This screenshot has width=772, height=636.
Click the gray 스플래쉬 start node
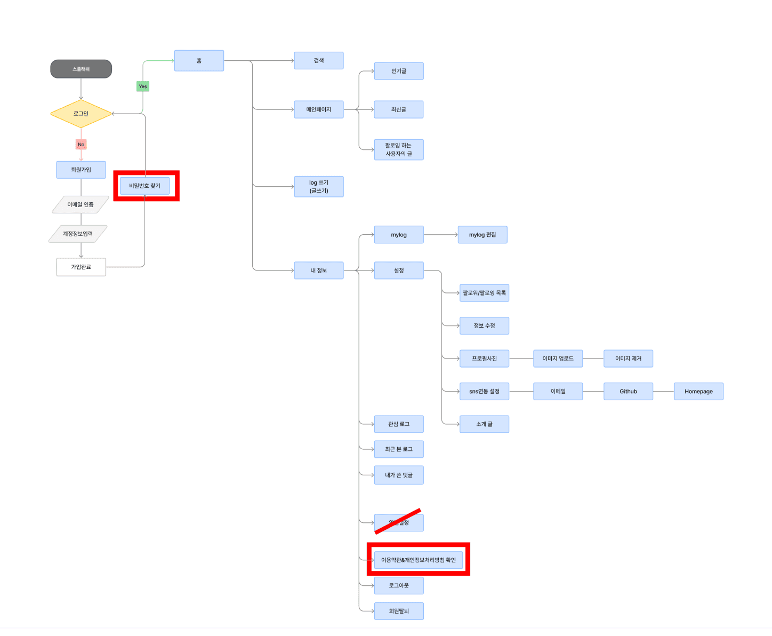coord(81,69)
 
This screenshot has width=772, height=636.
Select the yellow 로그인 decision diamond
coord(81,114)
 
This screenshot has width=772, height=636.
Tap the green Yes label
coord(143,86)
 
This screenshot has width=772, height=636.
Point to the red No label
coord(81,145)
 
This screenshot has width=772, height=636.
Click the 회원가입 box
coord(81,170)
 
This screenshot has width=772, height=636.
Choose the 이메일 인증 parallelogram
coord(81,204)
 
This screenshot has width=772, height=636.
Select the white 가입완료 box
coord(81,267)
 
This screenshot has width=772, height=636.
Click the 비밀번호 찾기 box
coord(144,186)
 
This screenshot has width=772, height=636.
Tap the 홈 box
coord(199,61)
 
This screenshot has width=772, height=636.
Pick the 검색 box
coord(319,61)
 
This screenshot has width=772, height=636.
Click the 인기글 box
coord(399,71)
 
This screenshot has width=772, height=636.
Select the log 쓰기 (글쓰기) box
coord(319,187)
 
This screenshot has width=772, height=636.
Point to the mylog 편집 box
coord(482,235)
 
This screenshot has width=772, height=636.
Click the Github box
coord(628,391)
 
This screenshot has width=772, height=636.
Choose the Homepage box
coord(698,391)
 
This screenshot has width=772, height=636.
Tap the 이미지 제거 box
coord(628,359)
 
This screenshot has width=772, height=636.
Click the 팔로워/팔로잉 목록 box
coord(484,293)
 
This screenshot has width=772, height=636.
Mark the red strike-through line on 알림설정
coord(398,521)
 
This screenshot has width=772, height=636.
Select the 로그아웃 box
coord(399,585)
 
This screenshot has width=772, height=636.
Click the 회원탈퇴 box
coord(399,611)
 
